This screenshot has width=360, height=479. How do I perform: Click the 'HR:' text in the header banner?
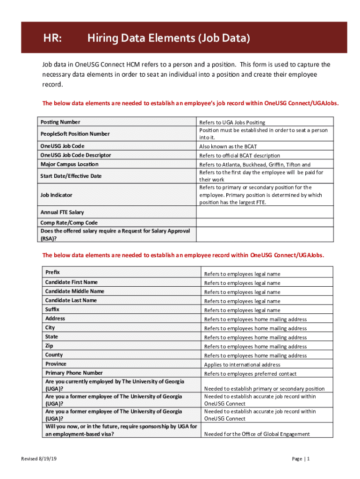click(52, 38)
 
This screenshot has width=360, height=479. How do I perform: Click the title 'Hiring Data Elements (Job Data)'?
click(168, 38)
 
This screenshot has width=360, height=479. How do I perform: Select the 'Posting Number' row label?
click(60, 122)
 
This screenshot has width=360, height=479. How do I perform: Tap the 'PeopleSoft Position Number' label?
click(75, 134)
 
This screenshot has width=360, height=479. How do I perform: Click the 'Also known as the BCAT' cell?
click(228, 146)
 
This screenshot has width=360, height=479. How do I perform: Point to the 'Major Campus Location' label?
click(69, 164)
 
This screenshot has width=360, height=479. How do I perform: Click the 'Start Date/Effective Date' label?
click(71, 176)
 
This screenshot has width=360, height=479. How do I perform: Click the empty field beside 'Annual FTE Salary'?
click(265, 212)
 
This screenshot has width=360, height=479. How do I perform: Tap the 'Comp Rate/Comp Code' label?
click(69, 223)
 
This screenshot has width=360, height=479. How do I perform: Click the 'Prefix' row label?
click(52, 272)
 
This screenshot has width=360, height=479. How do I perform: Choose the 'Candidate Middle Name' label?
click(74, 291)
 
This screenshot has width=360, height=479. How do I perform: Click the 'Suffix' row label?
click(52, 309)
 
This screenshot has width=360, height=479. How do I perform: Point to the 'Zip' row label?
click(49, 346)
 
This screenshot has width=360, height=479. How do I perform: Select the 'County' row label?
click(54, 355)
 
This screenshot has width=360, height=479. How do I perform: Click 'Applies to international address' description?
click(242, 364)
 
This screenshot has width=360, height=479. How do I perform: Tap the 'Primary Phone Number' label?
click(74, 373)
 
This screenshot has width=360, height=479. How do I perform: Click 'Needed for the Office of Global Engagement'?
click(257, 434)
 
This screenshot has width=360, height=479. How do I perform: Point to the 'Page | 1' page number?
click(301, 459)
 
